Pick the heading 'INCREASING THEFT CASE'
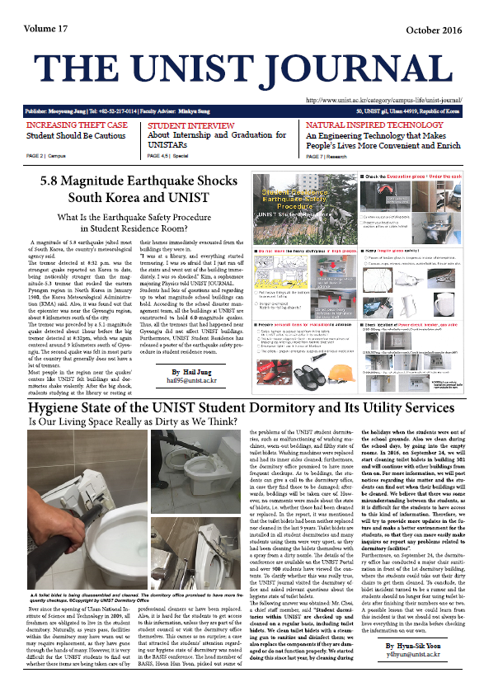tap(77, 125)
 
